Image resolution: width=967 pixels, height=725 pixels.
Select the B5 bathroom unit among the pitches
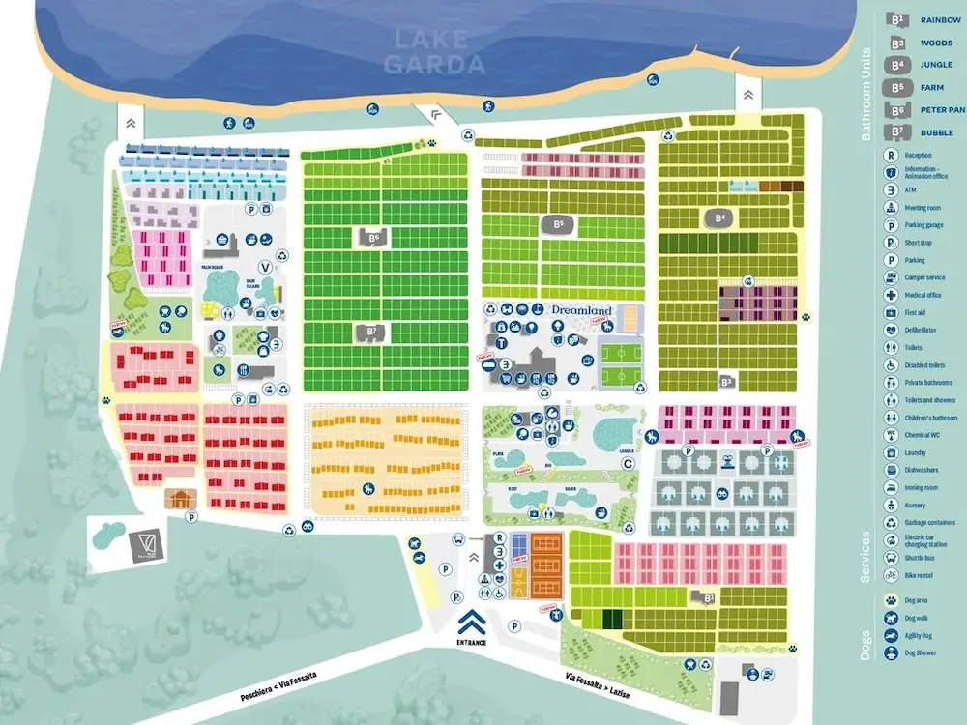point(558,224)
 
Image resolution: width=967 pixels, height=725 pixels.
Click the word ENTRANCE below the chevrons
point(473,642)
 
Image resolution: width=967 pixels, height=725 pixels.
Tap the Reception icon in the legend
point(891,155)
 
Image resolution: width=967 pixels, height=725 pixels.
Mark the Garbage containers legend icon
point(891,523)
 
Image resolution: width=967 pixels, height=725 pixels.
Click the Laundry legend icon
point(891,452)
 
